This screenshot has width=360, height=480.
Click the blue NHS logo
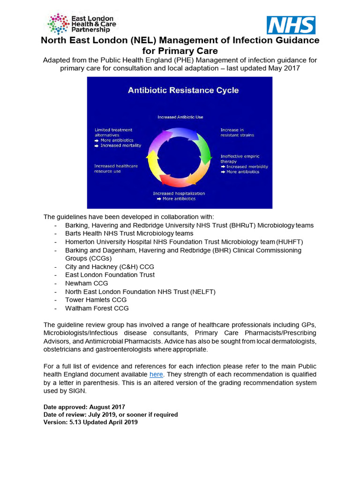[x=291, y=25]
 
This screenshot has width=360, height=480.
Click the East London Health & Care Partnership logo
[x=82, y=24]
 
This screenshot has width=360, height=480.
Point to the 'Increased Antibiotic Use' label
[x=180, y=117]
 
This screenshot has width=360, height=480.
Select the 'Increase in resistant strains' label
[x=238, y=133]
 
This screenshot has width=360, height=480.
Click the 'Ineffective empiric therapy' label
[x=240, y=159]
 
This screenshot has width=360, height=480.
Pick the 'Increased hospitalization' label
[x=179, y=193]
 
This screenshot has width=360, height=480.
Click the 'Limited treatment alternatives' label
[x=113, y=132]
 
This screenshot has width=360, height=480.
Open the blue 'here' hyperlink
[x=156, y=374]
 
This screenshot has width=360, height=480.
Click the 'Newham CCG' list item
[x=86, y=283]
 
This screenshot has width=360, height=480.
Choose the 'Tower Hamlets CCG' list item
[x=96, y=300]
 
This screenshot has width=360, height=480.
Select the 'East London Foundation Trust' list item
[x=110, y=275]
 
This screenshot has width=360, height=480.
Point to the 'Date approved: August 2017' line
[x=84, y=407]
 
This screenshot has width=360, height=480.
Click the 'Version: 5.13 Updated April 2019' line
[x=90, y=422]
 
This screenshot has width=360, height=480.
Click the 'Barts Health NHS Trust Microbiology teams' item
[x=129, y=233]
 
